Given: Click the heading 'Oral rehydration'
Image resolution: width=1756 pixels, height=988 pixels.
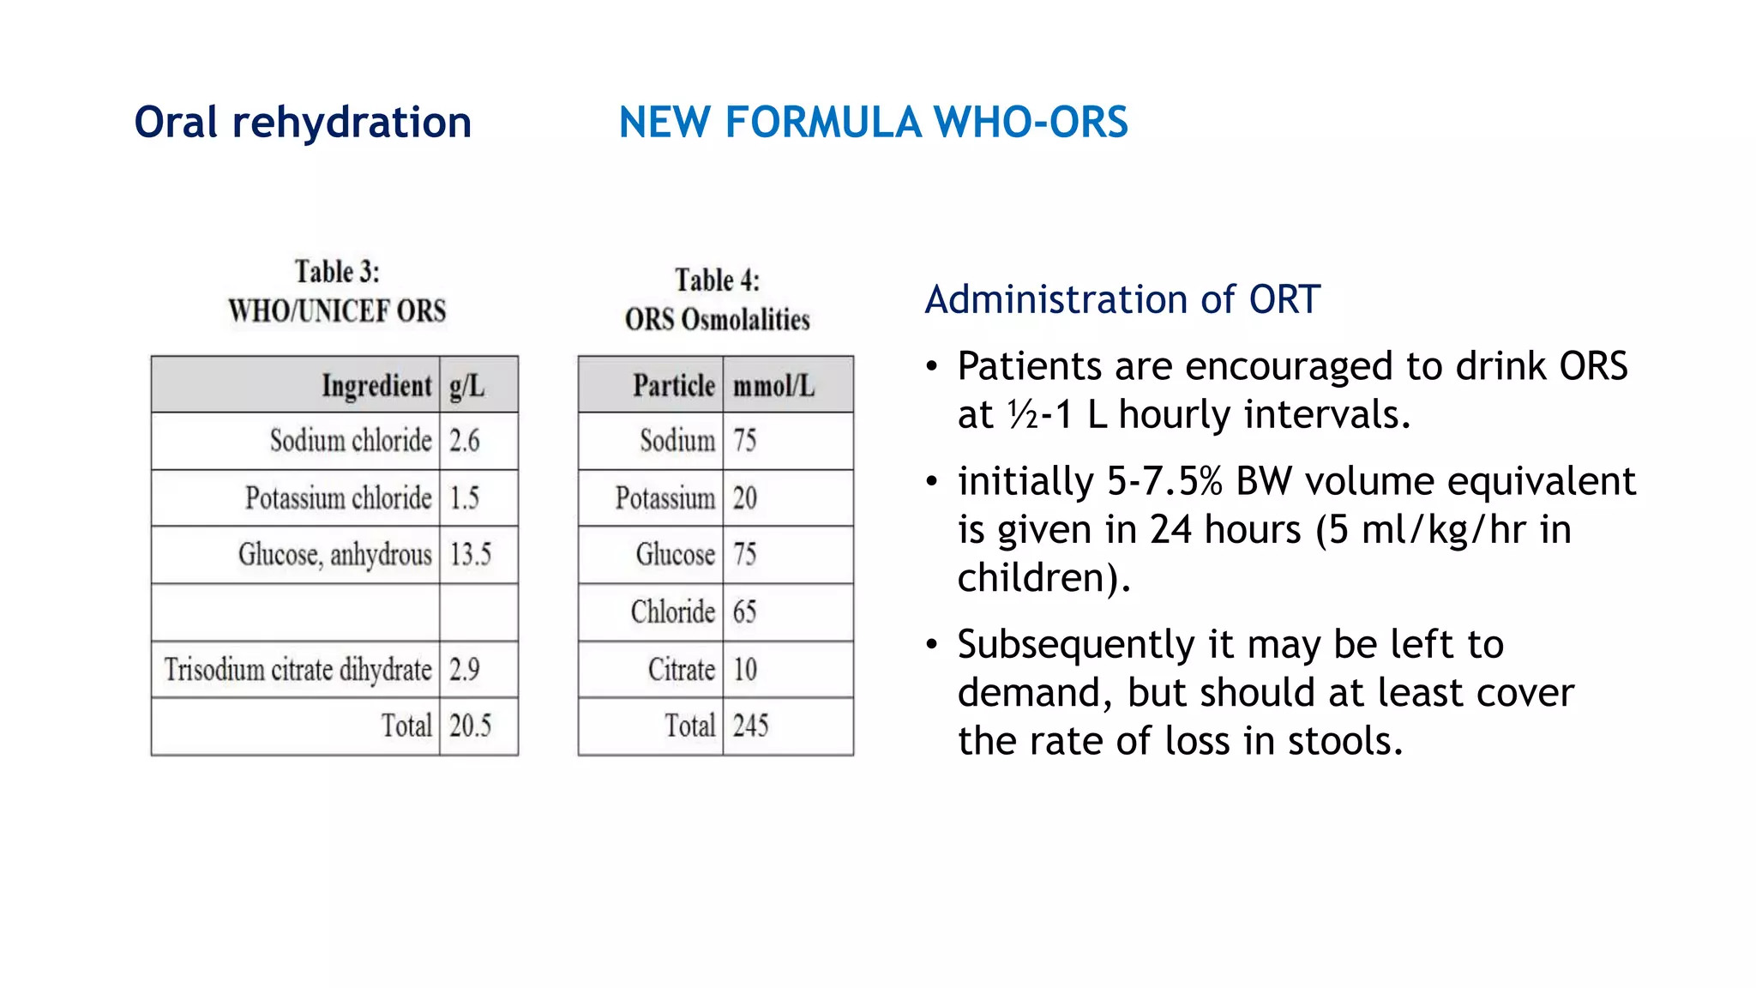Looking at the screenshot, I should click(x=303, y=123).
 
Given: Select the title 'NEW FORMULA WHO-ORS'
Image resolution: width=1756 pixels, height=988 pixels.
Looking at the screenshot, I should click(x=873, y=123).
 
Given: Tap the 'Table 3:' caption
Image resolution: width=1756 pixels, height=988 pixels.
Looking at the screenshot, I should click(x=337, y=272).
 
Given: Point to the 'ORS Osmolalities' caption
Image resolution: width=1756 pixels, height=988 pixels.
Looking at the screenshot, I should click(x=717, y=320).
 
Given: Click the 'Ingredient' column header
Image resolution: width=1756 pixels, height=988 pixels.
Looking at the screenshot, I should click(x=376, y=386).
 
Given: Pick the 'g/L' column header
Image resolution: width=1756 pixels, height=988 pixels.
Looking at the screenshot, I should click(x=467, y=386).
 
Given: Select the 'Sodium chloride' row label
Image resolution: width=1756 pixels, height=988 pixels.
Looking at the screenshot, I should click(x=351, y=441).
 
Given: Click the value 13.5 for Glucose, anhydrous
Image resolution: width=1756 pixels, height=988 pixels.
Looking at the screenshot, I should click(x=471, y=555).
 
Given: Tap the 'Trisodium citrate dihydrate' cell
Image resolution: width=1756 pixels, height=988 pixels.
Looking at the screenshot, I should click(x=298, y=670).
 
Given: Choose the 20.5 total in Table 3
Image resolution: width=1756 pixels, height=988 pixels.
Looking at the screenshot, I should click(x=471, y=726).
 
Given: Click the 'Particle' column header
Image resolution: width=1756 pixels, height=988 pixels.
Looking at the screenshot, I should click(x=674, y=386).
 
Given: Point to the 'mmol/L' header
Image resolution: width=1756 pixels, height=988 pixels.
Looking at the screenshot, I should click(x=773, y=386).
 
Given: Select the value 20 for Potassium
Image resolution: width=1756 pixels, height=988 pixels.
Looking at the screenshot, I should click(x=745, y=498).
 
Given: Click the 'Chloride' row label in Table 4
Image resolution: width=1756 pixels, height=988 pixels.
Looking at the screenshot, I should click(x=673, y=612).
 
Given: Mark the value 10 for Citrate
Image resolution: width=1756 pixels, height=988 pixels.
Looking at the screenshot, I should click(x=745, y=670).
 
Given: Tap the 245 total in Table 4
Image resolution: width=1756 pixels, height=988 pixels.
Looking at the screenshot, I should click(x=750, y=726).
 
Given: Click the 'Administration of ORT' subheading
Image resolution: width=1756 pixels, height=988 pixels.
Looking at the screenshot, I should click(x=1122, y=300).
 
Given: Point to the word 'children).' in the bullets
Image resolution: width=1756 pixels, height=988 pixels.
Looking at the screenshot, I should click(x=1044, y=578).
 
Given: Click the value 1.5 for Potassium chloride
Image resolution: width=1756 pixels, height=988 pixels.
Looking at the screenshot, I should click(x=465, y=498).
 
